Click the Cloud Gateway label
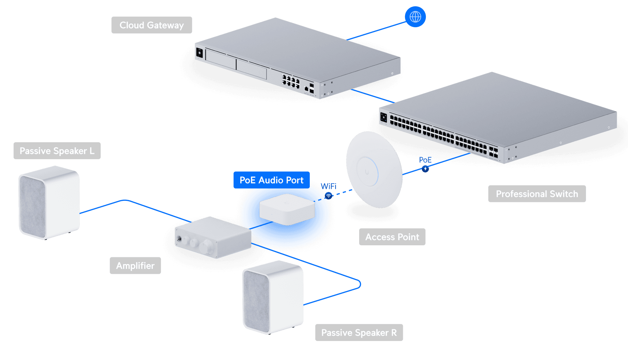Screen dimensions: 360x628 tap(152, 25)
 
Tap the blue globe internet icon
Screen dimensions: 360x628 tap(415, 17)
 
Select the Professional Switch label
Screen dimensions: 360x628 tap(537, 194)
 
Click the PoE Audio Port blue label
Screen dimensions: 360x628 tap(271, 180)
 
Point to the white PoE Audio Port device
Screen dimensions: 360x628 tap(287, 209)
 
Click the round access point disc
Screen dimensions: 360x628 tap(374, 169)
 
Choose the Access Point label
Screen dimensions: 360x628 tap(392, 237)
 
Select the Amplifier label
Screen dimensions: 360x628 tap(135, 266)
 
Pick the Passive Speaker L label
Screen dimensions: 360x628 tap(57, 151)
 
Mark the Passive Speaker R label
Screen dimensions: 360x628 tap(359, 332)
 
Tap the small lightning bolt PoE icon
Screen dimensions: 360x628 tap(425, 169)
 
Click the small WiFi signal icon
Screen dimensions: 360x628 tap(328, 196)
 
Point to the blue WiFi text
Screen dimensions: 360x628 tap(329, 186)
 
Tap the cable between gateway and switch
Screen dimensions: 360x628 tap(372, 96)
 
